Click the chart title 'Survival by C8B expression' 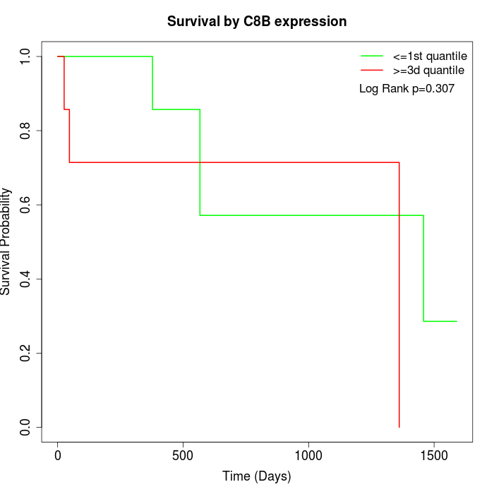257,22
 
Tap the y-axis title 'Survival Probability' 7,241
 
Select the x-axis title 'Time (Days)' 257,477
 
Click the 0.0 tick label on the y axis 26,427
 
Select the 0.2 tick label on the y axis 26,353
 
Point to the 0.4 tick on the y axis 26,279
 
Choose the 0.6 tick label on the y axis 26,205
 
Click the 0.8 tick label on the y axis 26,131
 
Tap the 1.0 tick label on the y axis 26,56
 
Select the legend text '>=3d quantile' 428,70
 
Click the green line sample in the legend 372,56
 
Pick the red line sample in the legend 372,70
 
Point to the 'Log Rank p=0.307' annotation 406,89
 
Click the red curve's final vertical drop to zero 399,296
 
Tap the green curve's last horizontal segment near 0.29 440,321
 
